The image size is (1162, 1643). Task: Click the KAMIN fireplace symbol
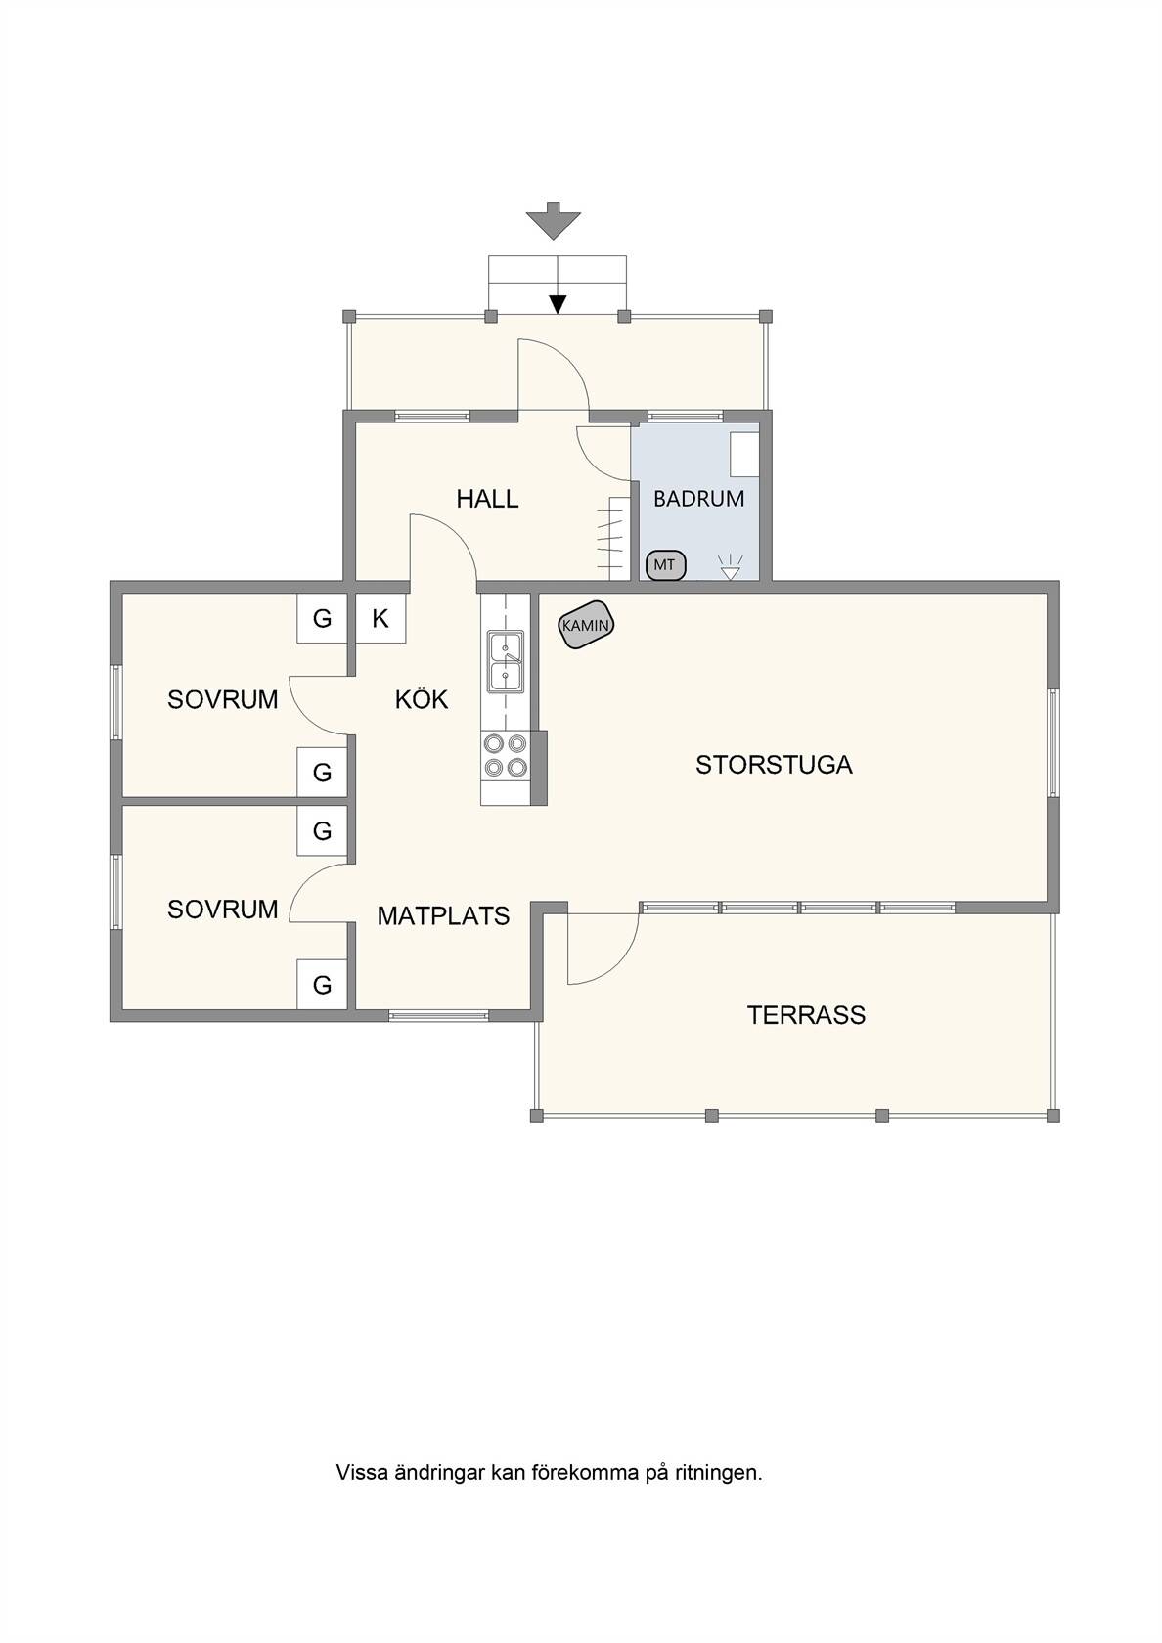[x=585, y=625]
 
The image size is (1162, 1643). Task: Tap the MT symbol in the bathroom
[x=665, y=565]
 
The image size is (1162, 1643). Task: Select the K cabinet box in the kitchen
[x=380, y=618]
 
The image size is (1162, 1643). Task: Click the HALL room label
[x=487, y=499]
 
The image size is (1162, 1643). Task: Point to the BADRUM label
[x=698, y=499]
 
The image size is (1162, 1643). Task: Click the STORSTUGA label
[x=774, y=765]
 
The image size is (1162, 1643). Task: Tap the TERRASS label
[x=806, y=1015]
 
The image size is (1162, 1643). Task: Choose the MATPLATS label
[x=443, y=916]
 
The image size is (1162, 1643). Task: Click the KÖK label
[x=421, y=699]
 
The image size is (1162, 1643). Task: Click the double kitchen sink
[x=506, y=661]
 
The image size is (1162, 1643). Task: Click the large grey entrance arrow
[x=554, y=221]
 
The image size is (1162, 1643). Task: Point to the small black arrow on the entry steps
[x=559, y=303]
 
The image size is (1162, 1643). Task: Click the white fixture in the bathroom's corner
[x=743, y=454]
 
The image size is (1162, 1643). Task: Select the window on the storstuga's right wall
[x=1053, y=742]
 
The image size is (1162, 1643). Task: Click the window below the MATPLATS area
[x=438, y=1016]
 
